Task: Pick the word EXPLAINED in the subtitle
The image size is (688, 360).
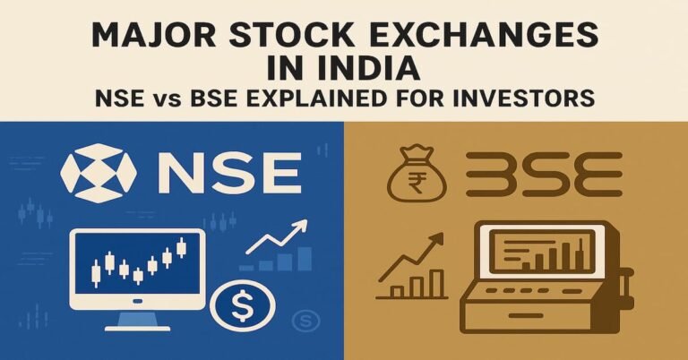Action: click(x=355, y=97)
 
